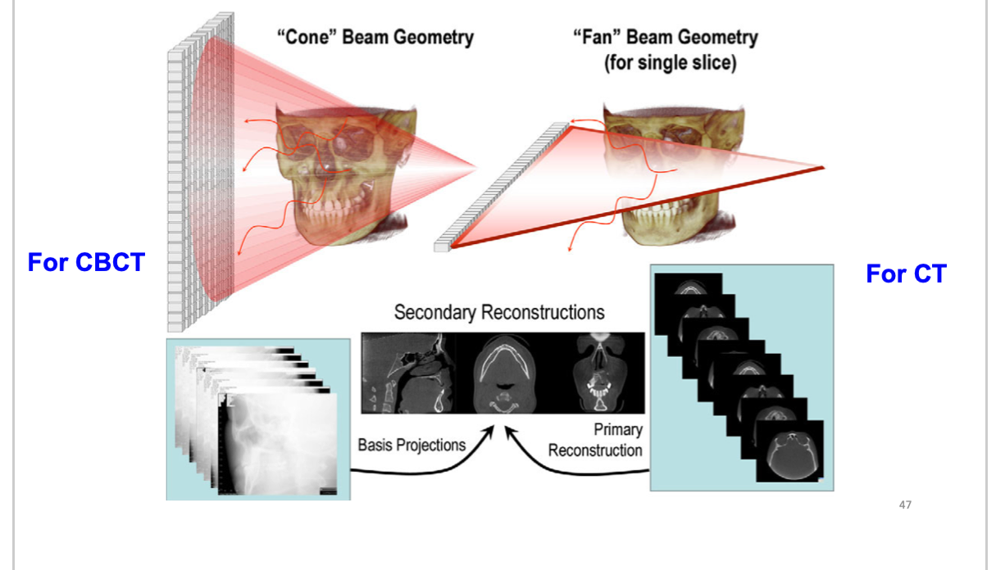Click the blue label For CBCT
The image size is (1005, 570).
(x=86, y=263)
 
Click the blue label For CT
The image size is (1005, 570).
(x=906, y=274)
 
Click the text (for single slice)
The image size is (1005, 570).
(x=670, y=62)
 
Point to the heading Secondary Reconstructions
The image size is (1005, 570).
(x=499, y=312)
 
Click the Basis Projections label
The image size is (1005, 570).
(x=412, y=445)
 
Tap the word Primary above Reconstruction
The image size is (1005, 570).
(x=619, y=429)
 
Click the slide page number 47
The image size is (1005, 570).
(x=905, y=504)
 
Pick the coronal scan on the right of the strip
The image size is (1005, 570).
(x=600, y=373)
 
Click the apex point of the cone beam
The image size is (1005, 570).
(x=476, y=170)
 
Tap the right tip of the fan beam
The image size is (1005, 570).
(x=821, y=167)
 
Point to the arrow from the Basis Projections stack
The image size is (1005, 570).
(x=426, y=465)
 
